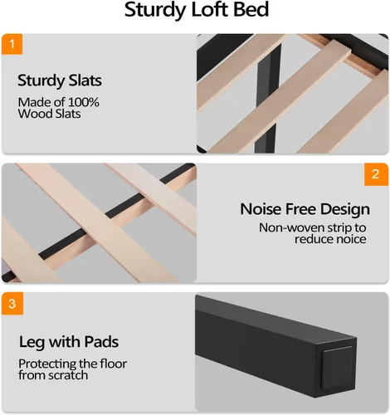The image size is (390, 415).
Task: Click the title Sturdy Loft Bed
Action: (x=197, y=10)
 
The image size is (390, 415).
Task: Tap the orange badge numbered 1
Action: (x=12, y=44)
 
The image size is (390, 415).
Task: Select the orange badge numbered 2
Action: (x=376, y=174)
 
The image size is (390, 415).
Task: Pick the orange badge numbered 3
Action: (x=12, y=304)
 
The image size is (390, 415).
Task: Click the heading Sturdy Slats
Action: (x=60, y=81)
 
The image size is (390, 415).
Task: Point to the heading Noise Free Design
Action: (x=305, y=209)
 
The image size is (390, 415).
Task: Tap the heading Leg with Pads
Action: (x=69, y=342)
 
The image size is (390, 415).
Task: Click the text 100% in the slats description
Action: (x=83, y=102)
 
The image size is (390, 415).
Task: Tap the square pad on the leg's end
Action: (x=337, y=369)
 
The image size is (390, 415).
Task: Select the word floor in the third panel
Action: (x=114, y=364)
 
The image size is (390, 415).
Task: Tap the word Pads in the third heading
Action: (x=101, y=342)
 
